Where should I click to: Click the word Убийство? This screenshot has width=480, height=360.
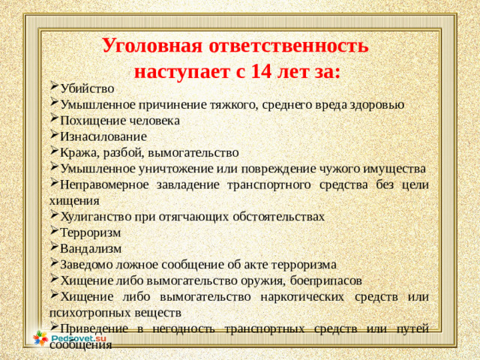(x=87, y=88)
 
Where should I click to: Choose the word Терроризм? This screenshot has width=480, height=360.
(x=90, y=232)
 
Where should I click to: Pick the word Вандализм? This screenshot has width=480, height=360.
(x=90, y=248)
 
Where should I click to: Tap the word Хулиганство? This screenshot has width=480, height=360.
(x=96, y=217)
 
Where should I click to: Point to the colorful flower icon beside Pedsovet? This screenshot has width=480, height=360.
(x=40, y=339)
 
